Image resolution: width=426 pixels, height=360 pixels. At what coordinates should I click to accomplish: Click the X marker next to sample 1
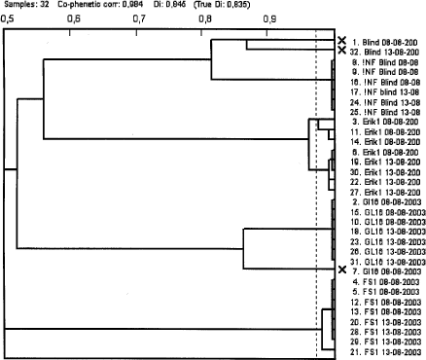click(x=341, y=41)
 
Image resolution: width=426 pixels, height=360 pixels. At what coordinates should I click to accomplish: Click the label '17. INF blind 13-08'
click(x=386, y=91)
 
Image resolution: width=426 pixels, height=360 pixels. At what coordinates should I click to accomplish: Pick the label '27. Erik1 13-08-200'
click(x=386, y=192)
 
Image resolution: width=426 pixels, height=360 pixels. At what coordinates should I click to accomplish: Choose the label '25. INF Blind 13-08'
click(x=386, y=112)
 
